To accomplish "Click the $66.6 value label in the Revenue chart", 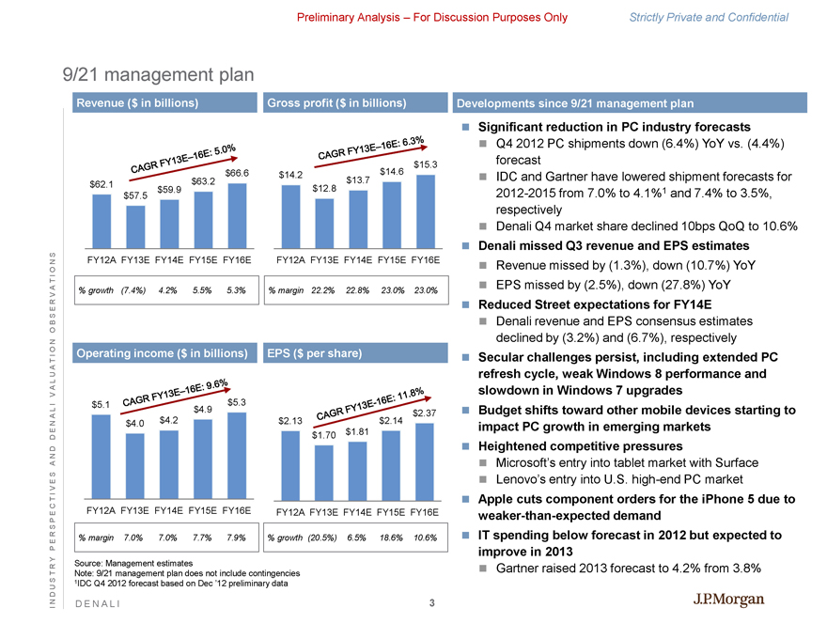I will coord(237,173).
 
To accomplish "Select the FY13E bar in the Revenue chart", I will coord(136,224).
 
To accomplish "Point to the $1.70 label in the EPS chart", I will coord(324,435).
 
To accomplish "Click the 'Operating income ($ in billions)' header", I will coord(164,353).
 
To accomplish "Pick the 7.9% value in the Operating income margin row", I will coord(237,538).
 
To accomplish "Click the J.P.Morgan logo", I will coord(728,600).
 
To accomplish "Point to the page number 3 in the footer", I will coord(431,603).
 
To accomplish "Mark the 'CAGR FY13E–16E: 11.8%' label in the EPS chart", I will coord(372,403).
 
